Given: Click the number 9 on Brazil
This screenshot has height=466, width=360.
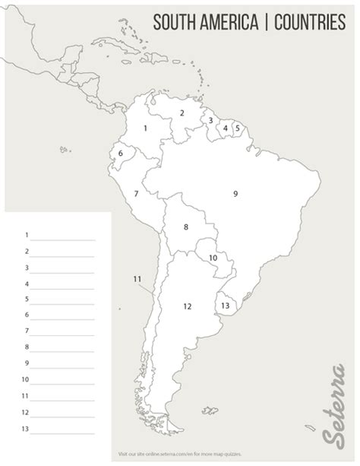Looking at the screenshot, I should (235, 194).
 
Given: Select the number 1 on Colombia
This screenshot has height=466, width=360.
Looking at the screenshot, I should (145, 128).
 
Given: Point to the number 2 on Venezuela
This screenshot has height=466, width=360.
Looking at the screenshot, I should (182, 113).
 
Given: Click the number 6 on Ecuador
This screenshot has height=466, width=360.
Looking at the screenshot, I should (121, 154).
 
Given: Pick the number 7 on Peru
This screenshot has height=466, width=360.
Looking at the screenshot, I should (136, 194).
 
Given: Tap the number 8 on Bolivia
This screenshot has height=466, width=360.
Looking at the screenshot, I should (185, 227).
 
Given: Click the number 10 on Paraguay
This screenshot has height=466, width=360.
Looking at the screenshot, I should (213, 258).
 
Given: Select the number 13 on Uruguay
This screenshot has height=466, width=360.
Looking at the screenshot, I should (226, 305).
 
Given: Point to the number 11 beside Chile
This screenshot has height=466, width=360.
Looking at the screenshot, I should (137, 279).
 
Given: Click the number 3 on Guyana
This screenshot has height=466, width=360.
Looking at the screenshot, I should (210, 119).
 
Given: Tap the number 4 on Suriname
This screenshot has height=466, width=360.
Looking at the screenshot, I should (226, 128).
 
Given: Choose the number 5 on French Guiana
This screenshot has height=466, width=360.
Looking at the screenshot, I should (237, 128).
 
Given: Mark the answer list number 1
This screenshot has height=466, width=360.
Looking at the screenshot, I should (27, 235).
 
